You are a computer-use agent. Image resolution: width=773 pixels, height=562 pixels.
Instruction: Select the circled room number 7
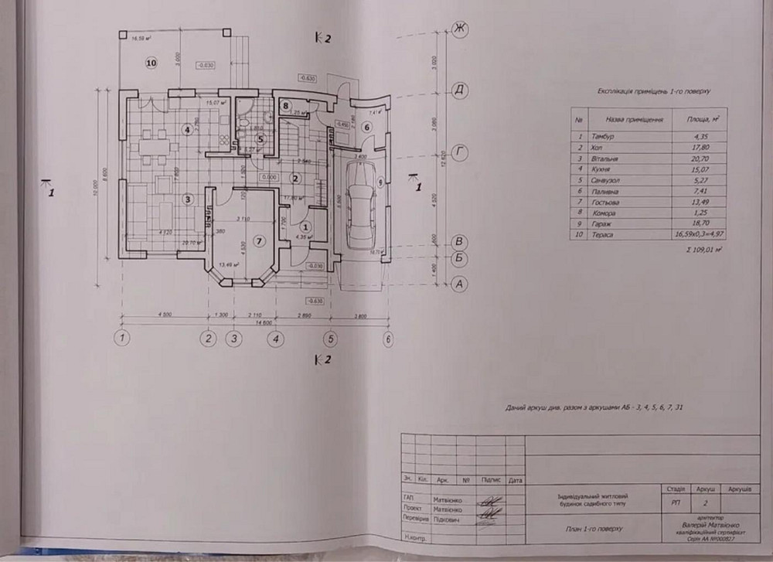260,240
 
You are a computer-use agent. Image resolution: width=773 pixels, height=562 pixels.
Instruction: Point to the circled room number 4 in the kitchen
186,129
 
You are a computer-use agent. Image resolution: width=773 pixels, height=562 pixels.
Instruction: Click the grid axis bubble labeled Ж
461,29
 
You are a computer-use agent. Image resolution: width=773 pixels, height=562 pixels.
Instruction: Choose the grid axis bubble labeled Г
461,152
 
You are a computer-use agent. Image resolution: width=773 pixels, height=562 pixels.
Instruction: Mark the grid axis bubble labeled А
461,284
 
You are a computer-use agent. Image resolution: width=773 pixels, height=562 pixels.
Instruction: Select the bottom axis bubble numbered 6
389,338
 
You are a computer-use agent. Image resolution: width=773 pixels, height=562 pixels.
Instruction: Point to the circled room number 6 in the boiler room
367,128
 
